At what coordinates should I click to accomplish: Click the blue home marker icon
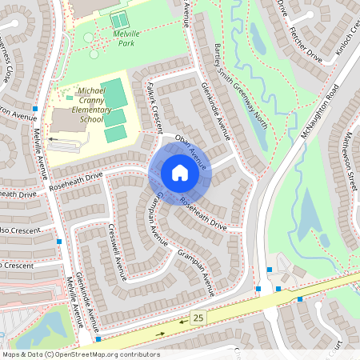[x=179, y=172]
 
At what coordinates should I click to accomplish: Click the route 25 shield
[x=198, y=318]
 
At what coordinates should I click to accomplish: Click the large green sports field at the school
[x=114, y=94]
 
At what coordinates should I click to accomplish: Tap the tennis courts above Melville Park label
[x=118, y=20]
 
